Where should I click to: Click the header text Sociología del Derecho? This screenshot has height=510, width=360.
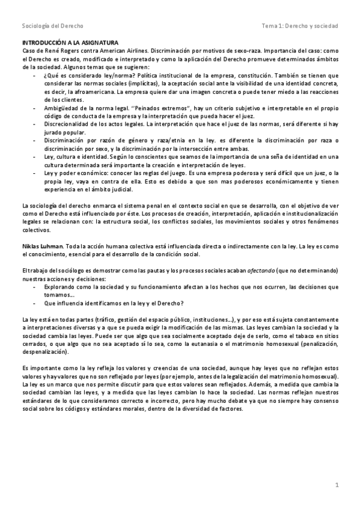point(52,26)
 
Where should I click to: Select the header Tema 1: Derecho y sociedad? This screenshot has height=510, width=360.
point(300,26)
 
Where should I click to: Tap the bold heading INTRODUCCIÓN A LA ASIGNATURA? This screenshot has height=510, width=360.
point(70,43)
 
